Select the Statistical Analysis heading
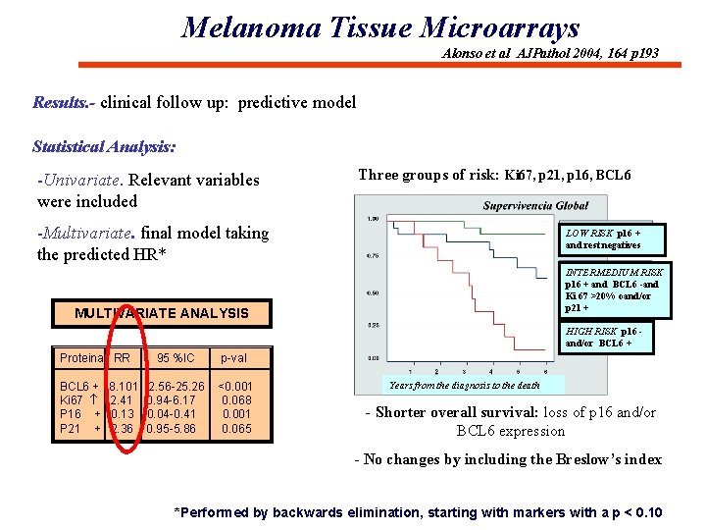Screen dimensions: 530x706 point(104,147)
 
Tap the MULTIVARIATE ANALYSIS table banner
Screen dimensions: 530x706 point(162,313)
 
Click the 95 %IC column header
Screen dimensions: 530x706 point(176,358)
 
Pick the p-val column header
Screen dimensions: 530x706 point(233,358)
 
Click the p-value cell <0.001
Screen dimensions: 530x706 point(234,387)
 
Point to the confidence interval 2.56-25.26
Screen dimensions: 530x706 point(176,387)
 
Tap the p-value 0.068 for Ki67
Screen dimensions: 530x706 point(236,400)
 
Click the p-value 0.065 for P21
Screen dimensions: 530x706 point(236,428)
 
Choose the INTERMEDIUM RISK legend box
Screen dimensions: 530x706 point(616,291)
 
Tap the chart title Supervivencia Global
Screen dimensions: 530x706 point(535,206)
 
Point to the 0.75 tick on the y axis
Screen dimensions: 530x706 point(373,255)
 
